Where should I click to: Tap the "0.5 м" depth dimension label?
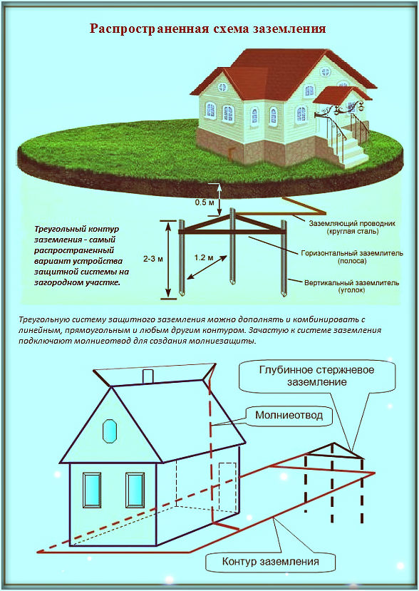click(205, 202)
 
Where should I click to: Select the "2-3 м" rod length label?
click(154, 259)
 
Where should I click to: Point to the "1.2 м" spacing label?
click(204, 258)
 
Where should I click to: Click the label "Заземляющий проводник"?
click(352, 224)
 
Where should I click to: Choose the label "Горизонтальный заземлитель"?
click(352, 253)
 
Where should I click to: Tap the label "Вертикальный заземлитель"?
click(352, 283)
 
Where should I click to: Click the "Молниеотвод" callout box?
click(289, 416)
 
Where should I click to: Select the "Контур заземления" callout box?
click(271, 562)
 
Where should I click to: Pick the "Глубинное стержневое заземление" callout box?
click(317, 376)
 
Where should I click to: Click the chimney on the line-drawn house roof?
click(148, 376)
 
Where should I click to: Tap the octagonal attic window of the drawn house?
click(110, 431)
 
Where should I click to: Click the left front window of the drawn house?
click(92, 490)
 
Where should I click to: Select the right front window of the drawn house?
click(135, 490)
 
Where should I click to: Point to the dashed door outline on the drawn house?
click(228, 488)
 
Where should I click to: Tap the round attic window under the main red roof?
click(325, 71)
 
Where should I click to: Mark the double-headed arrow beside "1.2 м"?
click(207, 267)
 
